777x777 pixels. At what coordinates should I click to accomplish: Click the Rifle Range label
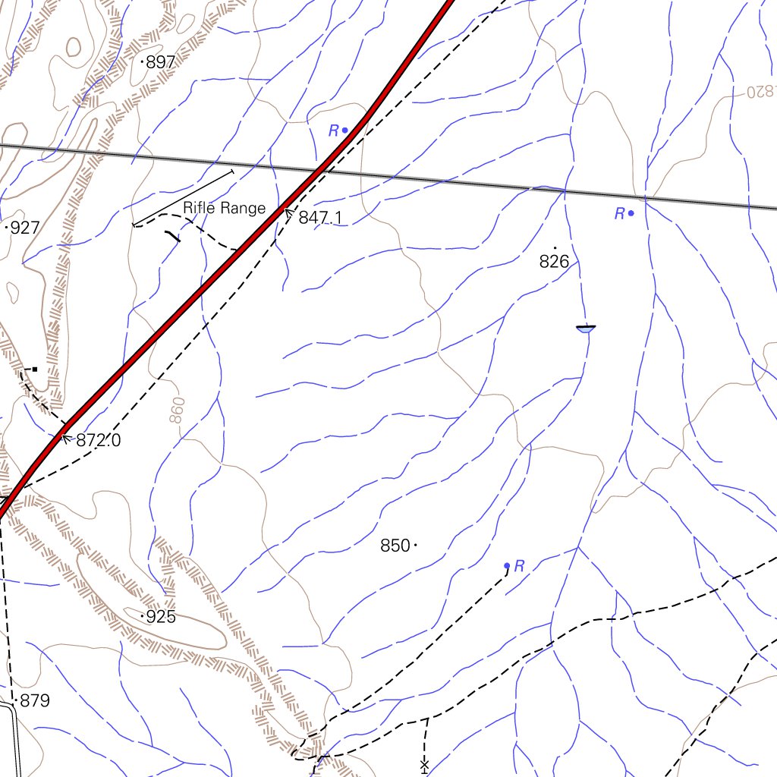coord(224,208)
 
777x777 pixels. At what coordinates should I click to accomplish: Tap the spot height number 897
coord(160,63)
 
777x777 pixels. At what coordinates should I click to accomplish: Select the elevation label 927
coord(25,228)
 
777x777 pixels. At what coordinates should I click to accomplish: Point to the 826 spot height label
coord(554,262)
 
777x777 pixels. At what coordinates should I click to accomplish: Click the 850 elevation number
coord(395,546)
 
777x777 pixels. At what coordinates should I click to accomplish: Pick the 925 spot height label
coord(161,617)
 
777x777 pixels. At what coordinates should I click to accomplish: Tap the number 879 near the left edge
coord(35,701)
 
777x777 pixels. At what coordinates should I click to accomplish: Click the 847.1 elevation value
coord(320,219)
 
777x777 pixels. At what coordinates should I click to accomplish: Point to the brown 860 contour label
coord(178,411)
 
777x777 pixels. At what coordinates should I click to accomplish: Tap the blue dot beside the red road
coord(345,130)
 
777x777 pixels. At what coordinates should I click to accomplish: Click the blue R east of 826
coord(620,214)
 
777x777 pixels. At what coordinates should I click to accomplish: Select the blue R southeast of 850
coord(520,565)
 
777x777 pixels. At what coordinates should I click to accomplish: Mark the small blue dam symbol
coord(585,329)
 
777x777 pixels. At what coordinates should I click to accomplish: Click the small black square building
coord(35,370)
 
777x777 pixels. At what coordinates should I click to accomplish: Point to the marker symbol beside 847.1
coord(289,215)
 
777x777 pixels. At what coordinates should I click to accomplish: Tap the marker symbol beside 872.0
coord(65,438)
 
